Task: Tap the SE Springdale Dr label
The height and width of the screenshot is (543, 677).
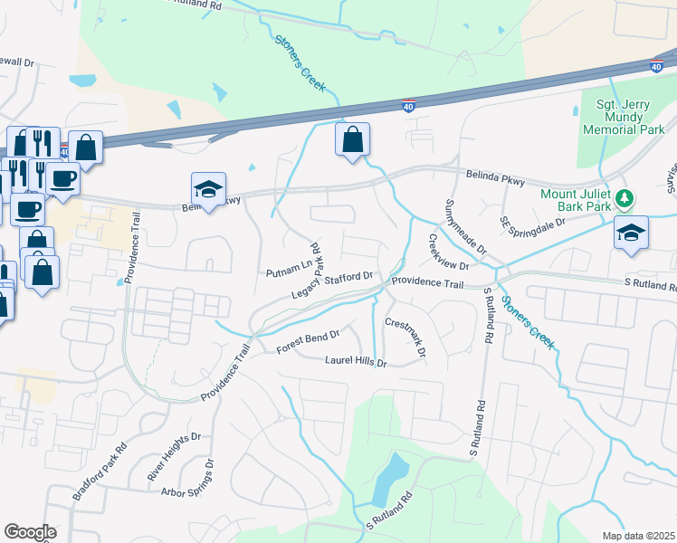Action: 533,221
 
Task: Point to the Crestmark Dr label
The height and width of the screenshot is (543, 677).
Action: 405,336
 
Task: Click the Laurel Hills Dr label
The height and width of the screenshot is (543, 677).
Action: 356,363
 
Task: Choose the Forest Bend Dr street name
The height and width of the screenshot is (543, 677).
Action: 309,336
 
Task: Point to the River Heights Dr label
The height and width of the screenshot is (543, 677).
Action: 175,458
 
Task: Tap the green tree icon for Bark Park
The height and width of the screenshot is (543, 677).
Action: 623,197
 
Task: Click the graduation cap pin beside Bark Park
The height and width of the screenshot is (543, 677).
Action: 631,233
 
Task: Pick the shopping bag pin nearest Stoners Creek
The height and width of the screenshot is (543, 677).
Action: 353,140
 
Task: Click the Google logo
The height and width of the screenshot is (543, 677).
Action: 30,532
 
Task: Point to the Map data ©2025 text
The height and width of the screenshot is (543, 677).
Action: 637,536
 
